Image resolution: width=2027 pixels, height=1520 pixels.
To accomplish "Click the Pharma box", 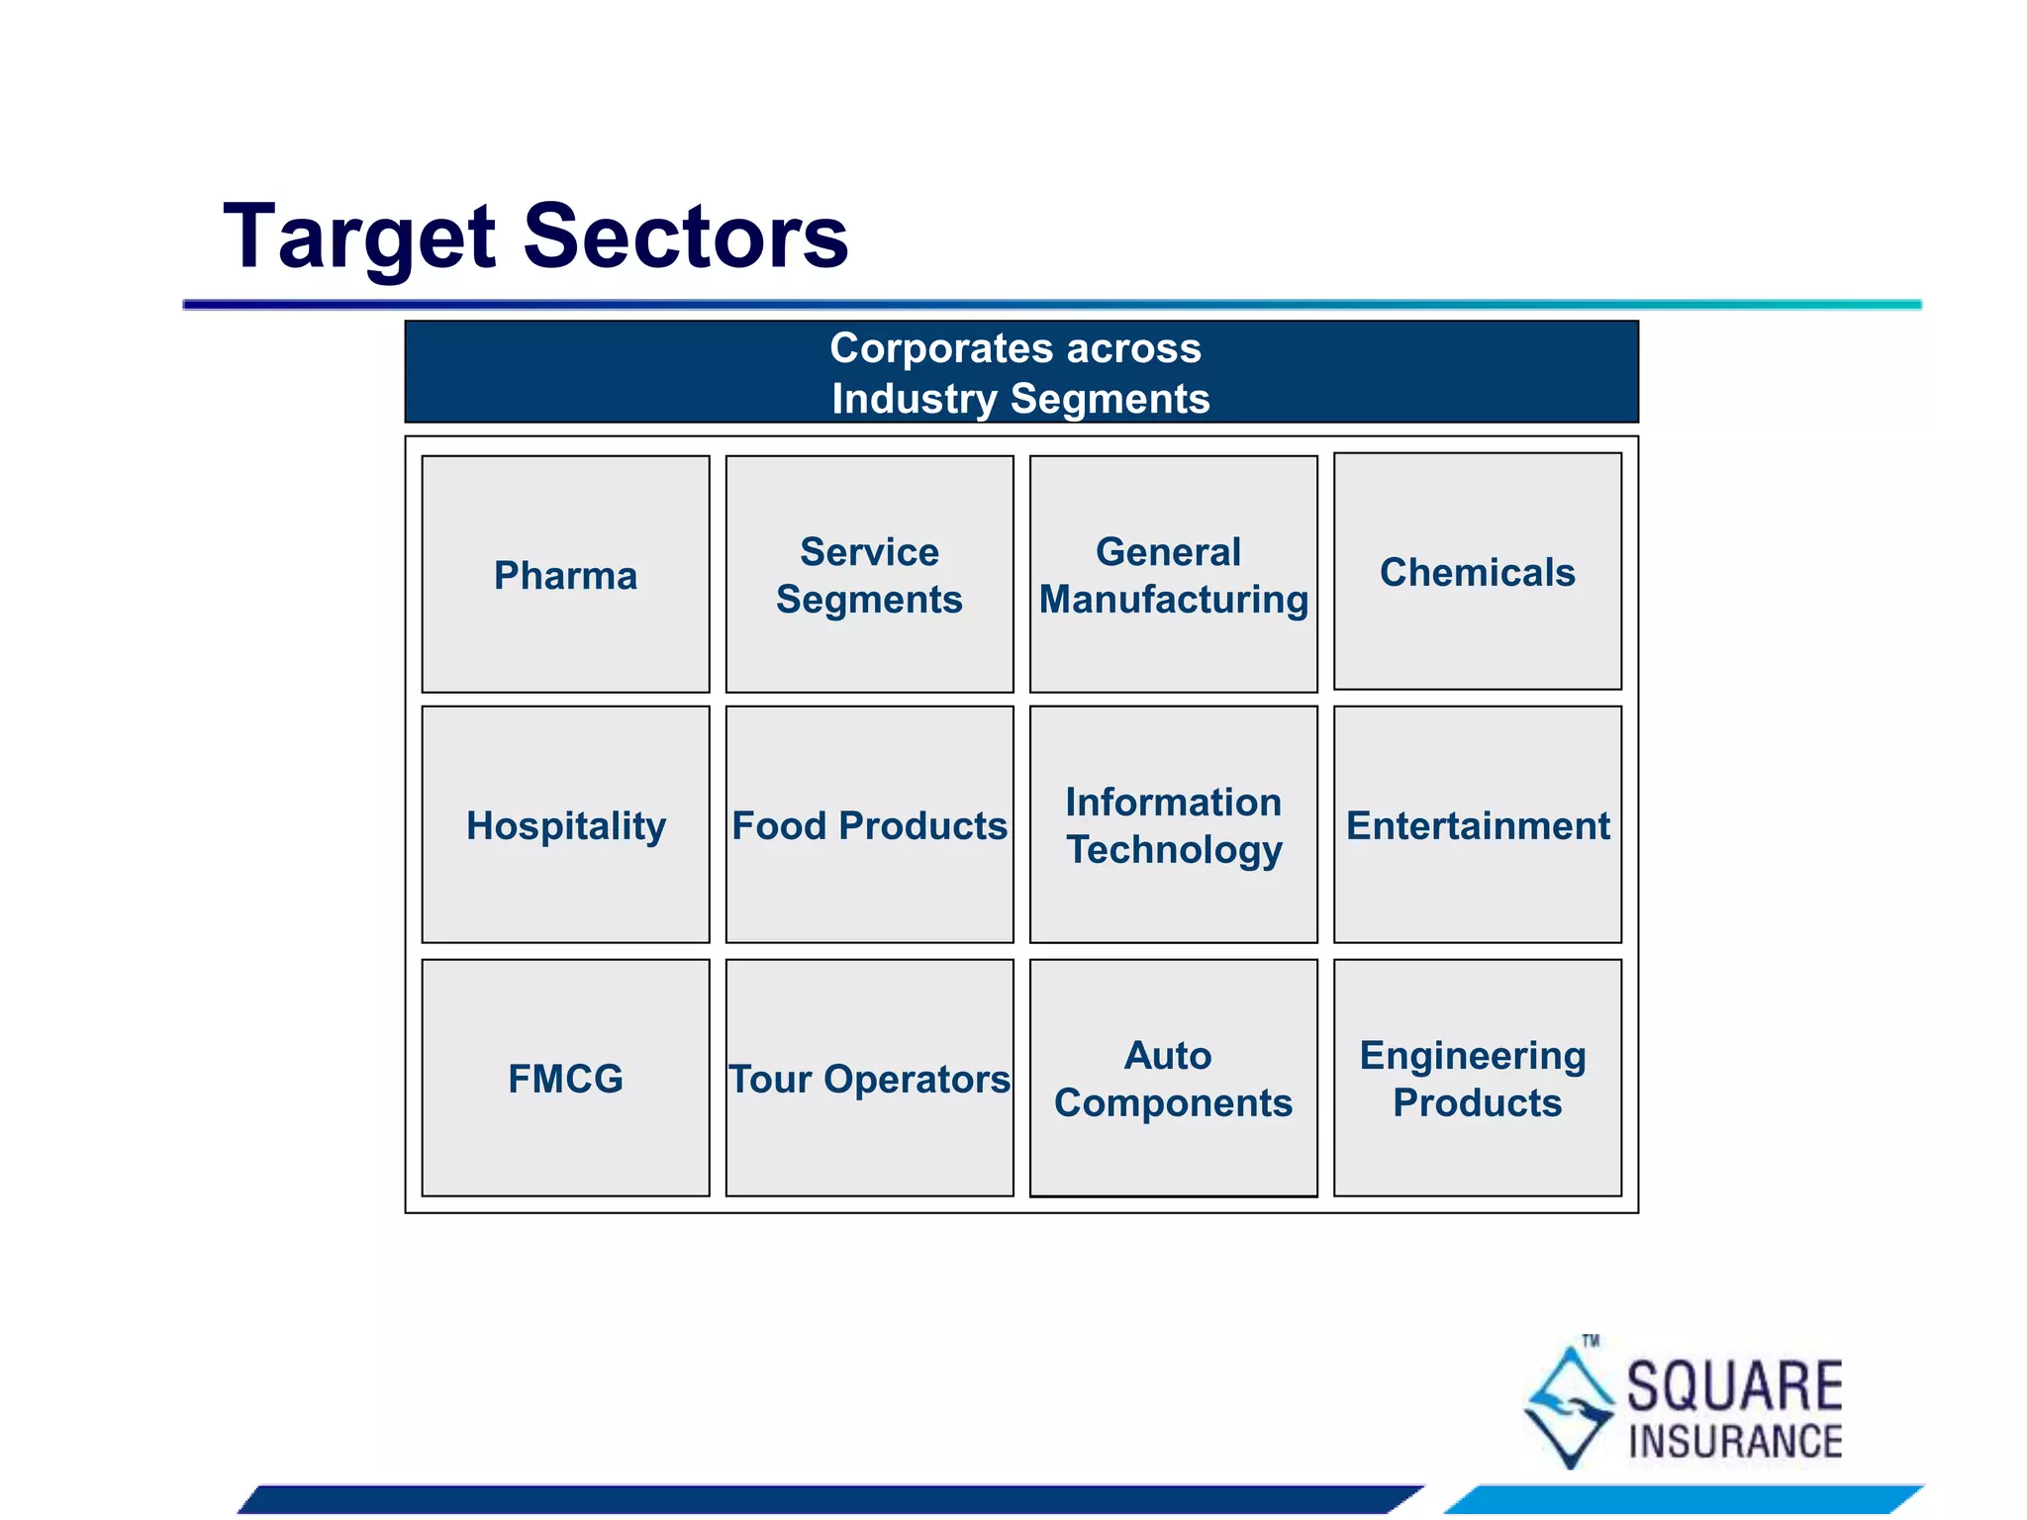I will [565, 575].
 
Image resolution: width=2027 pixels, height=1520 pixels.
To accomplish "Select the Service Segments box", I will [869, 575].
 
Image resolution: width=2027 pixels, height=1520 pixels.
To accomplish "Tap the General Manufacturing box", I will [1173, 575].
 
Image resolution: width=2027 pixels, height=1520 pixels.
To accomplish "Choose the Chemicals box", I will [1477, 572].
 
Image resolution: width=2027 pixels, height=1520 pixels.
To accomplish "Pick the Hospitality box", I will [565, 824].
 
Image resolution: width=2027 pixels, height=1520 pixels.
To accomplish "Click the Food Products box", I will [869, 824].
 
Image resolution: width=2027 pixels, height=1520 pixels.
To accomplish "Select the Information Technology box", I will [1173, 824].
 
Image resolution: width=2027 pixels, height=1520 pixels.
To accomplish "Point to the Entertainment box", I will [1477, 824].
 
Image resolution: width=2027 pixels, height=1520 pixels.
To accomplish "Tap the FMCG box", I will [565, 1078].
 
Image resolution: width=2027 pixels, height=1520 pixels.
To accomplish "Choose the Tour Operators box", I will [869, 1078].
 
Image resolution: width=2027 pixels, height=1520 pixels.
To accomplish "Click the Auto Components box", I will [1173, 1078].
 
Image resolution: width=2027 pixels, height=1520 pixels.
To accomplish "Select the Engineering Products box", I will [1477, 1078].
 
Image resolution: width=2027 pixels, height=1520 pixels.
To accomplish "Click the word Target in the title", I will [358, 237].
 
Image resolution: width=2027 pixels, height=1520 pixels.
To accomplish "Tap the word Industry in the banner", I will [914, 399].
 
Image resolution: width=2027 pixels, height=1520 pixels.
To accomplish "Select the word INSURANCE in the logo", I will [1734, 1442].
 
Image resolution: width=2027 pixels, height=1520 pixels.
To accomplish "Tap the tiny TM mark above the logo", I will [1591, 1341].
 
